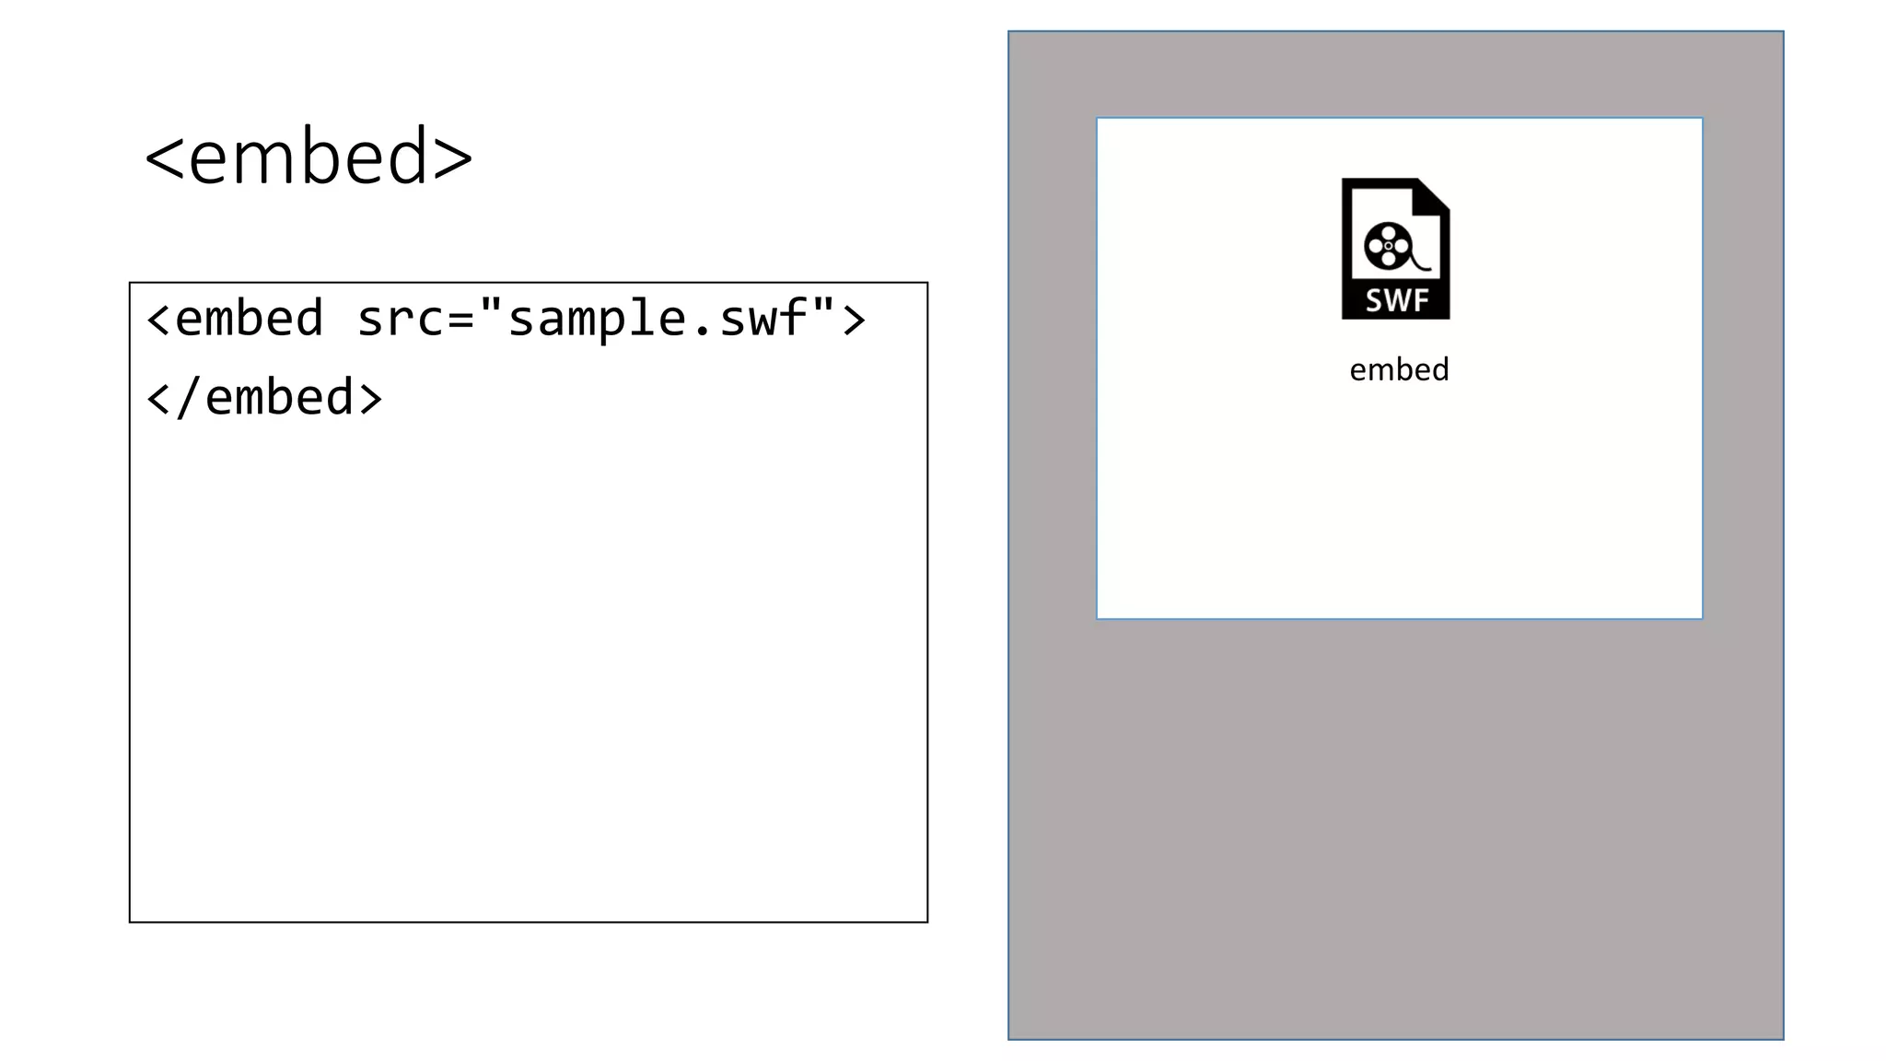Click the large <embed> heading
[309, 157]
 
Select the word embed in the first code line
[249, 319]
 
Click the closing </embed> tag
[264, 398]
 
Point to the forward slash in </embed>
[188, 398]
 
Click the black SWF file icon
[1395, 249]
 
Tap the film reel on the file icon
[1388, 246]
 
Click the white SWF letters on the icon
[1396, 300]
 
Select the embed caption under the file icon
[1399, 369]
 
